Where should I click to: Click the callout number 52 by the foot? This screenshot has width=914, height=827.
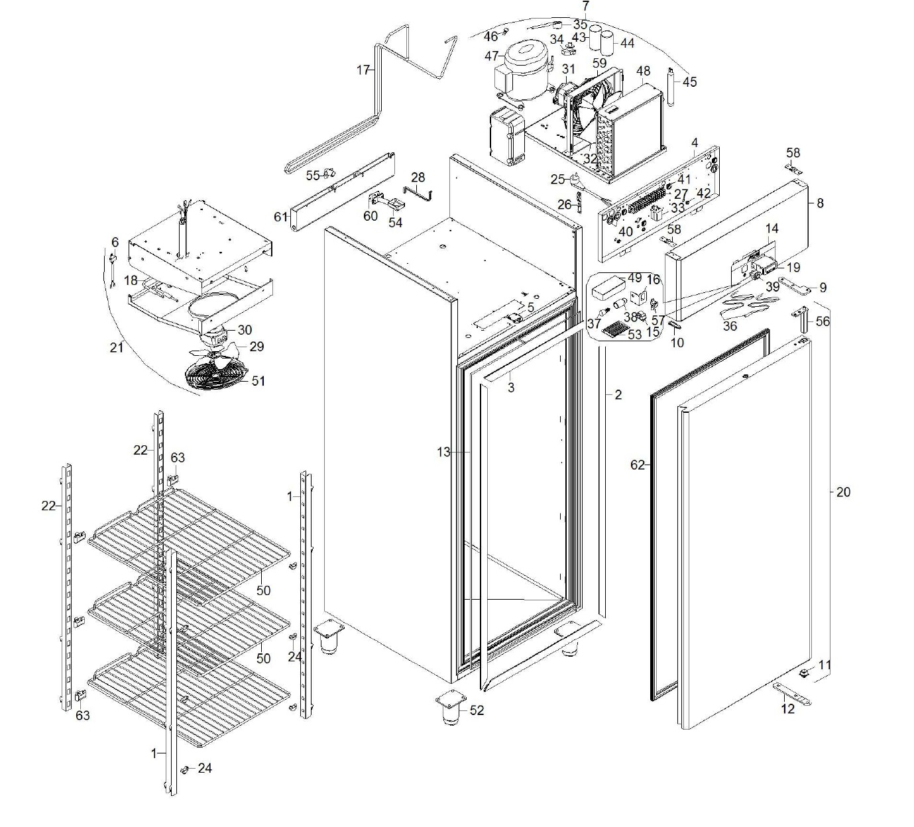coord(477,710)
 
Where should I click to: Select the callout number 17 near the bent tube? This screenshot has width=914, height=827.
coord(363,70)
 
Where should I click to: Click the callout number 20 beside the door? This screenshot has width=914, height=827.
coord(843,492)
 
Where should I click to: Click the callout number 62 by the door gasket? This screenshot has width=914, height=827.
coord(637,465)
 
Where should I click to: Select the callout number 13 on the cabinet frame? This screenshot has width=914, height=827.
coord(443,452)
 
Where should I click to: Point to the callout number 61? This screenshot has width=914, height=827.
coord(281,217)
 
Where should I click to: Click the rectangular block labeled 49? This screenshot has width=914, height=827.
coord(607,286)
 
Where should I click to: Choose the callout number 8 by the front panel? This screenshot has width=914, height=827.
coord(820,203)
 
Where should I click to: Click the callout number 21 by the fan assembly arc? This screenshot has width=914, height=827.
coord(117,347)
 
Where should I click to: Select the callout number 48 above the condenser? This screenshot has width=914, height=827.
coord(643,71)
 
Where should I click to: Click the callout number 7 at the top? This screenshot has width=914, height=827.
coord(586,6)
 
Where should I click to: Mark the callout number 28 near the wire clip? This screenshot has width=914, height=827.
coord(418,178)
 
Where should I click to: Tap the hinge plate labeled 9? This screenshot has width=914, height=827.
coord(796,286)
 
